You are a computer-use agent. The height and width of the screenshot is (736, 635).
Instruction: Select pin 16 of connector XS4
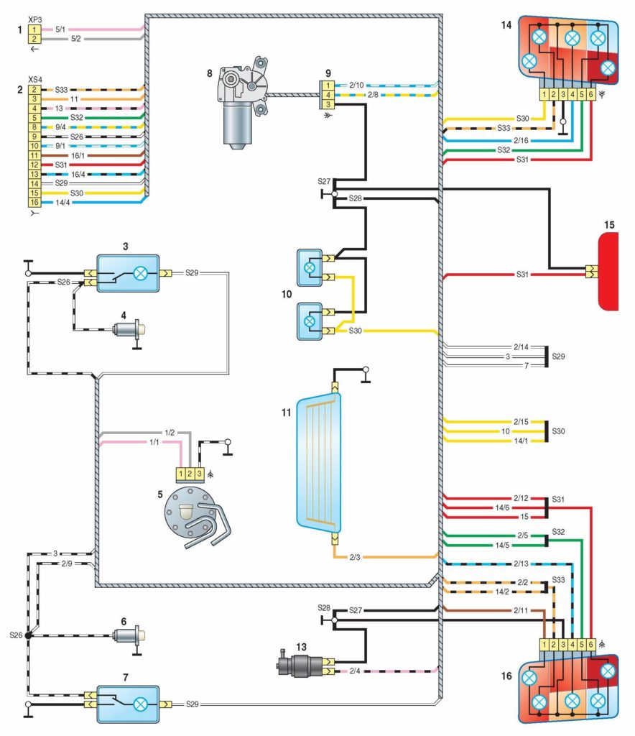click(x=34, y=203)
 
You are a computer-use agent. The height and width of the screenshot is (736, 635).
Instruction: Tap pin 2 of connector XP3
click(x=34, y=39)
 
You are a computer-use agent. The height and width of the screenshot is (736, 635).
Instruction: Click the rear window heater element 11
click(x=318, y=461)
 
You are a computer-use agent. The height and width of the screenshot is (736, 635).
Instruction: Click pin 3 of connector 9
click(x=328, y=105)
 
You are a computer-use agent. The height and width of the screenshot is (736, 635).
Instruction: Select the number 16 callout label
click(x=507, y=676)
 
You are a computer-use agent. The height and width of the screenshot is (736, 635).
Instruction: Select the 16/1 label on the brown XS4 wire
click(x=77, y=155)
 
